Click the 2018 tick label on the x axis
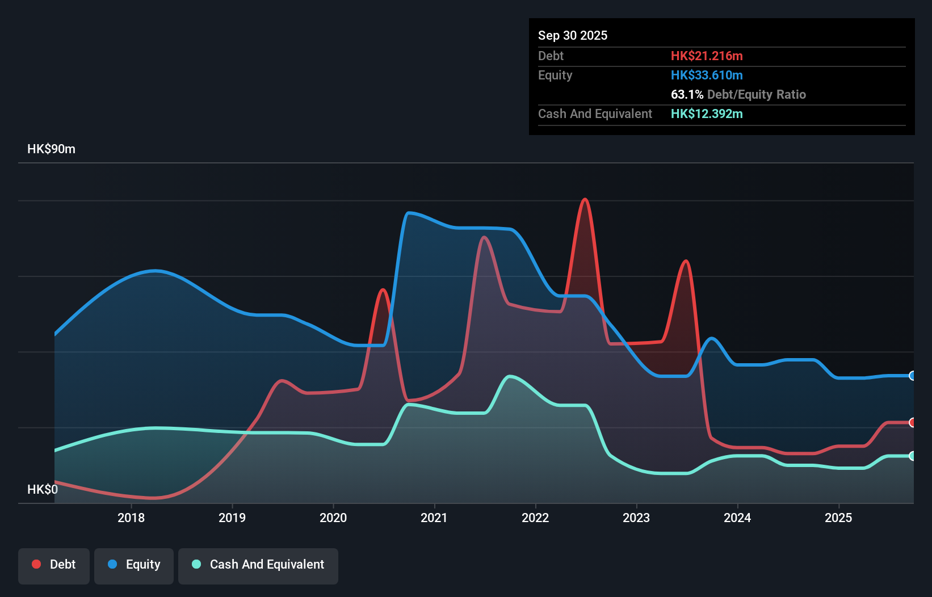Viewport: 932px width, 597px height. (131, 518)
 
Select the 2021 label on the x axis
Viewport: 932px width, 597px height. (434, 518)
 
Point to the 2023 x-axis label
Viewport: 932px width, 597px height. (636, 518)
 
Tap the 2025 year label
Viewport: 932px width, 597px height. (838, 518)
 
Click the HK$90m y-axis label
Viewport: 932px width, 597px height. (51, 149)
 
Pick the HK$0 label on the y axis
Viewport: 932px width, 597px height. (42, 489)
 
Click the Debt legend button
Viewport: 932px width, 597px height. (54, 565)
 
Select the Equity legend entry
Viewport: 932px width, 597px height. (134, 565)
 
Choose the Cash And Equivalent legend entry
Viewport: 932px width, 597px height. (258, 565)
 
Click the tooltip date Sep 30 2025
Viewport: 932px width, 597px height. (572, 36)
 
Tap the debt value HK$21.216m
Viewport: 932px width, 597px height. (706, 56)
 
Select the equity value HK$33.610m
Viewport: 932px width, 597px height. (706, 75)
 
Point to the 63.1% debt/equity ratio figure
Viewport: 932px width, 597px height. (687, 95)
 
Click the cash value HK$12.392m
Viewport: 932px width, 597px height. (706, 114)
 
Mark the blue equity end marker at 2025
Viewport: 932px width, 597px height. (912, 376)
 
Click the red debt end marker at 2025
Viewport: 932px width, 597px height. (912, 422)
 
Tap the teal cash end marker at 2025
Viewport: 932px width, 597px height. (912, 456)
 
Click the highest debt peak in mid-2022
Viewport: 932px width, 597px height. (585, 199)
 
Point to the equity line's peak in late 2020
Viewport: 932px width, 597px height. (409, 213)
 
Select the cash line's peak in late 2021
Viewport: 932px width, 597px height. (509, 376)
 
